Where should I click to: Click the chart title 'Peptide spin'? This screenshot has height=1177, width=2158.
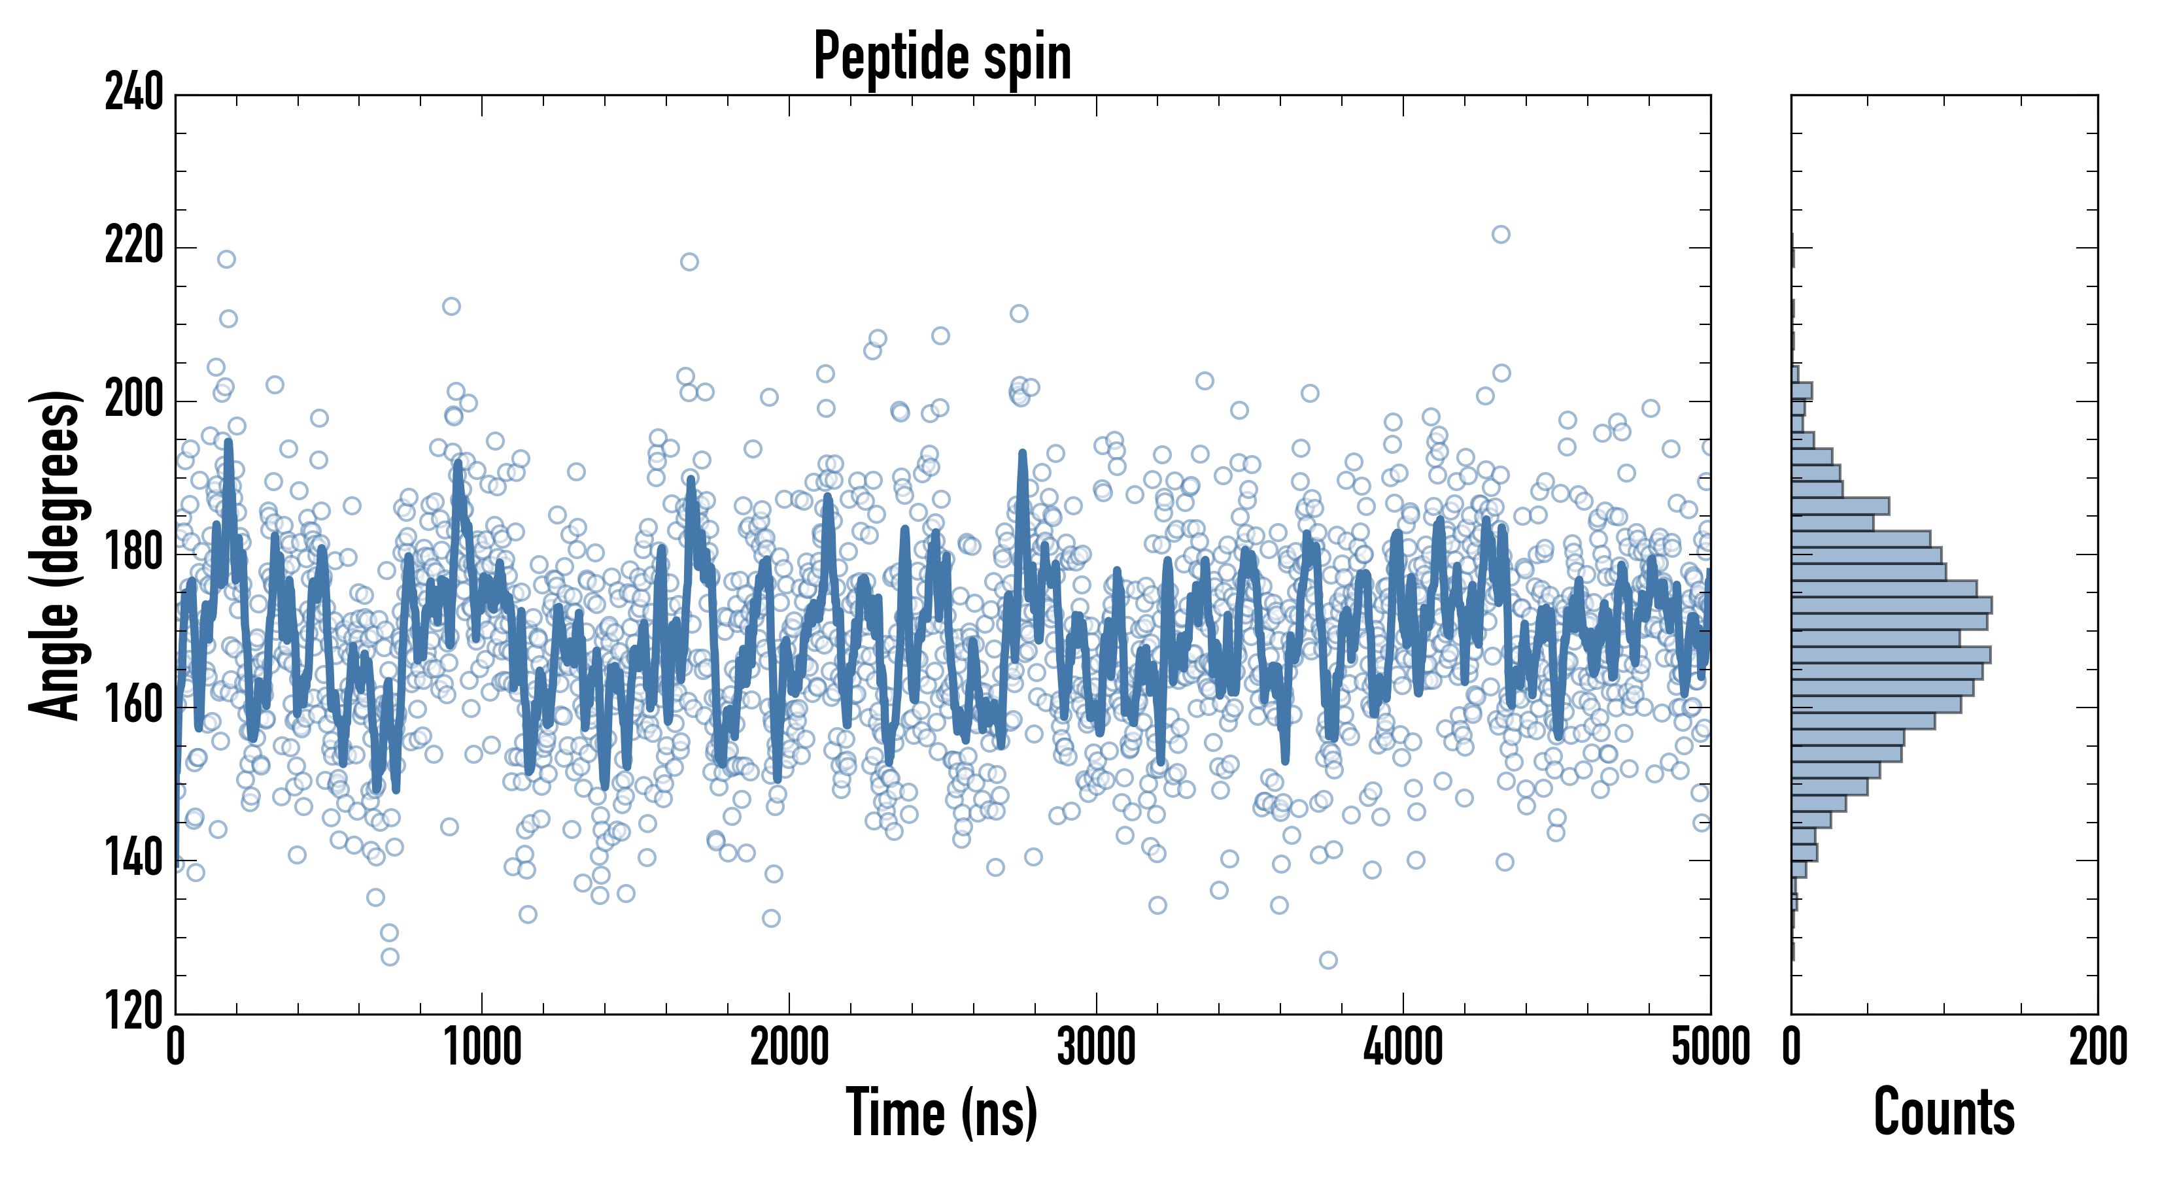coord(942,57)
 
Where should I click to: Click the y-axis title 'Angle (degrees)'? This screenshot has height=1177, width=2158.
coord(56,554)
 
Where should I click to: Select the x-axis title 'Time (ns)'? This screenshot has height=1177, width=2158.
coord(942,1112)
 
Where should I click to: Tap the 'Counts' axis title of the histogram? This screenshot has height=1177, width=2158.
coord(1944,1112)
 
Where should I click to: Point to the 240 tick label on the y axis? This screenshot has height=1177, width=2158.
coord(134,93)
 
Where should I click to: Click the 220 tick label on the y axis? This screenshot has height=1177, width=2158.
coord(134,247)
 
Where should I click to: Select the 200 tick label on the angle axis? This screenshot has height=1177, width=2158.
coord(134,400)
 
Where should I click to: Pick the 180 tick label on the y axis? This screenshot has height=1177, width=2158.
coord(134,553)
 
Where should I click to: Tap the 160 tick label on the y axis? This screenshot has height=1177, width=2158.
coord(134,706)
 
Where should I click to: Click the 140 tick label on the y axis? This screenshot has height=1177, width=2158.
coord(134,859)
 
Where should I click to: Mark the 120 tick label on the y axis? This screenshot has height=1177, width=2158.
coord(134,1012)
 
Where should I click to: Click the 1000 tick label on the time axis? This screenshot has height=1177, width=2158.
coord(482,1047)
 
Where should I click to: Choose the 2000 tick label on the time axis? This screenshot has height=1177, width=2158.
coord(789,1047)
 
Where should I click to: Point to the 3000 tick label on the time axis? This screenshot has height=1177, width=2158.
coord(1096,1047)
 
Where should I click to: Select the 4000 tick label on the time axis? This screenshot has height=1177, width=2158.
coord(1403,1047)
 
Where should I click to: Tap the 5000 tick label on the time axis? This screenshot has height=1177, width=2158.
coord(1710,1047)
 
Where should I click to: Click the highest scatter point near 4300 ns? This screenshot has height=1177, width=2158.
coord(1500,235)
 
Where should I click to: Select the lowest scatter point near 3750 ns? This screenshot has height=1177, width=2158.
coord(1327,960)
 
